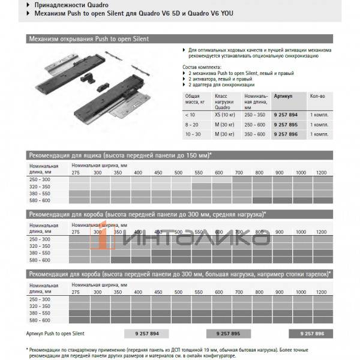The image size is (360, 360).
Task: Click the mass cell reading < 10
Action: (x=190, y=114)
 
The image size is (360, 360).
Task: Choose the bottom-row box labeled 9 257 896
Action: (x=310, y=332)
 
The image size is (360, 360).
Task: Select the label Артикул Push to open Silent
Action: (x=56, y=332)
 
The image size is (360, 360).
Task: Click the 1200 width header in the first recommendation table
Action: (x=321, y=173)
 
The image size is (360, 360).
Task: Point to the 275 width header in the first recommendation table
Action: (x=76, y=173)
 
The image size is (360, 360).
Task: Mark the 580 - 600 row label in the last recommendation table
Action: (x=40, y=321)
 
